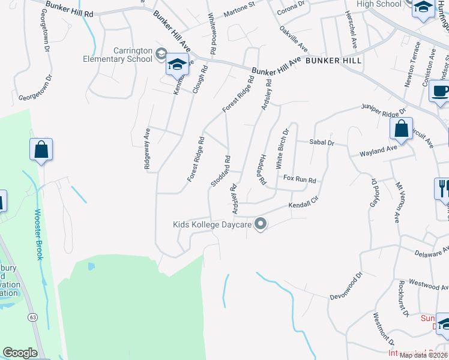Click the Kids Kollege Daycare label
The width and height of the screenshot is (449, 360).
click(x=210, y=224)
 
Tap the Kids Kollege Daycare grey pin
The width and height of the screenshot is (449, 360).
click(x=261, y=224)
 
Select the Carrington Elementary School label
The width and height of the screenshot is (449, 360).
click(x=124, y=55)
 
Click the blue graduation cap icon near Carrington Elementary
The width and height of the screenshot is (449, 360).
click(x=177, y=65)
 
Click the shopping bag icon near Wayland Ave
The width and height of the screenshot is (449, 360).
click(x=400, y=129)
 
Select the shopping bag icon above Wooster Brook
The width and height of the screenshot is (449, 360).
click(x=41, y=150)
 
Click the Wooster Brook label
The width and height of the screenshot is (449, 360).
click(x=38, y=235)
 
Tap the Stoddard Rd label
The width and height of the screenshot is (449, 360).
click(x=220, y=171)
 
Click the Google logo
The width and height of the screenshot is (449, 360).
click(x=20, y=353)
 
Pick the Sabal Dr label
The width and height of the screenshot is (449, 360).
click(x=321, y=142)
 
